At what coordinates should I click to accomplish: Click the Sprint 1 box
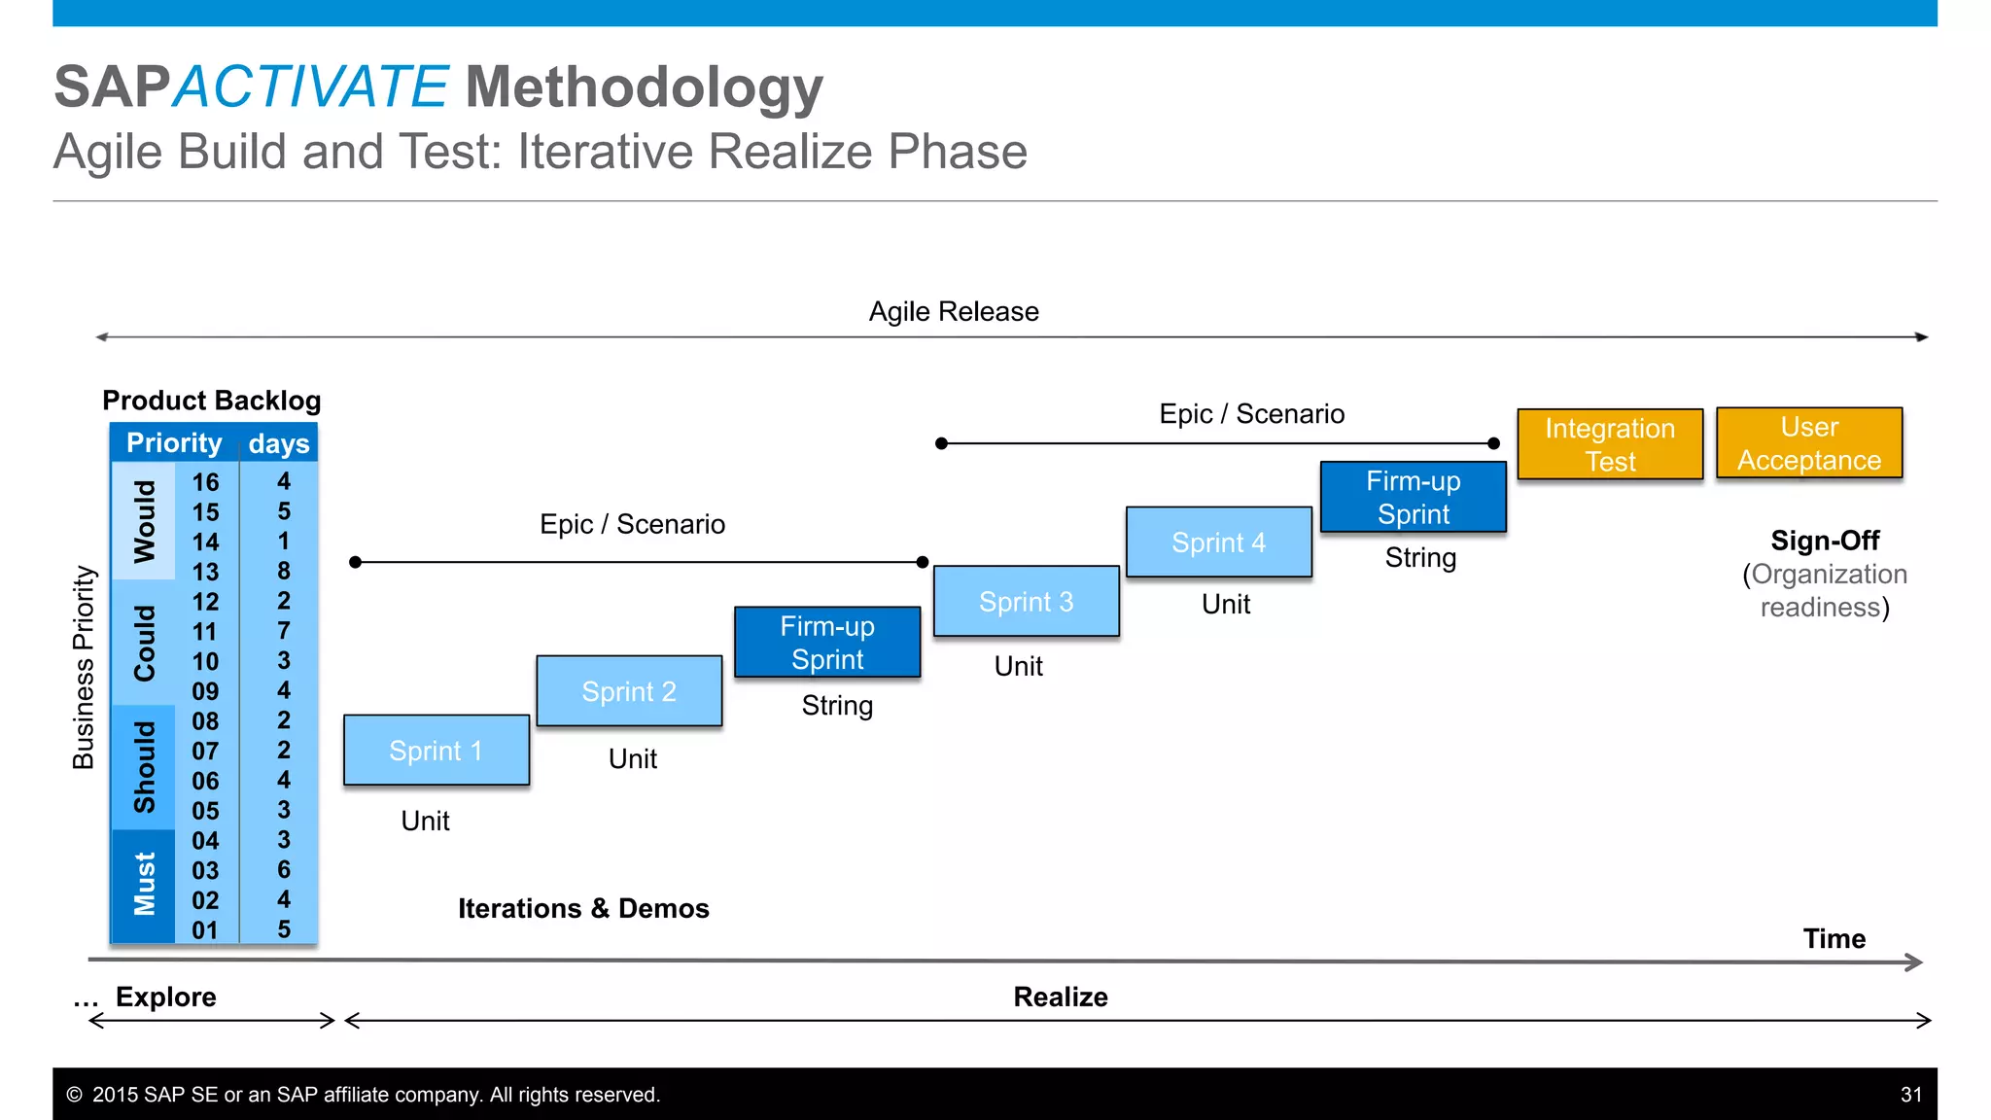[x=437, y=750]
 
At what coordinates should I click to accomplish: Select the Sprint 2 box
[x=629, y=691]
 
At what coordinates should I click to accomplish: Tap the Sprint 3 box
[x=1026, y=602]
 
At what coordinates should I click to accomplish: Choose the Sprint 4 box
[x=1218, y=542]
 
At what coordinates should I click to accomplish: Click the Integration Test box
[x=1610, y=444]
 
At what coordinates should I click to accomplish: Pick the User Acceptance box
[x=1809, y=443]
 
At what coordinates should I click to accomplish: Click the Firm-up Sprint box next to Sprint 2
[x=827, y=643]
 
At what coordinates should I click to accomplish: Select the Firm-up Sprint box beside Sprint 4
[x=1413, y=498]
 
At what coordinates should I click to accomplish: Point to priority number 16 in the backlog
[x=205, y=482]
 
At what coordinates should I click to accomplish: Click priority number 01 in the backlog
[x=205, y=930]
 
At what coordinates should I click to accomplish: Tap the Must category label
[x=145, y=884]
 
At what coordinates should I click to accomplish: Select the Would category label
[x=145, y=521]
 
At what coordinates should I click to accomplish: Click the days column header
[x=279, y=443]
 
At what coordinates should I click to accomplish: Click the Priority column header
[x=174, y=443]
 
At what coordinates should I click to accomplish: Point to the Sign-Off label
[x=1825, y=541]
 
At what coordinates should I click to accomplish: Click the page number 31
[x=1911, y=1095]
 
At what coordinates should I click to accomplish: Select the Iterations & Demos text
[x=583, y=908]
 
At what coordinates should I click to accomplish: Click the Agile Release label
[x=954, y=311]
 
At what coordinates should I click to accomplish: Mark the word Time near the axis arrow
[x=1834, y=938]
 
